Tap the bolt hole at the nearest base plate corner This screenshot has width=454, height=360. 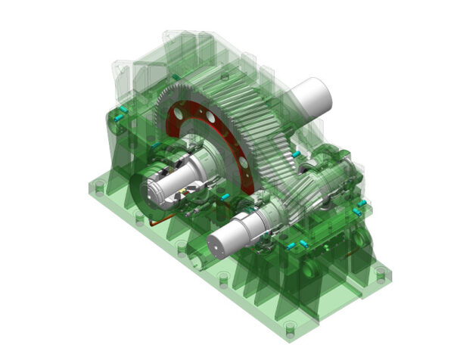point(289,327)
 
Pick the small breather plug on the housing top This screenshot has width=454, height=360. point(224,76)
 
